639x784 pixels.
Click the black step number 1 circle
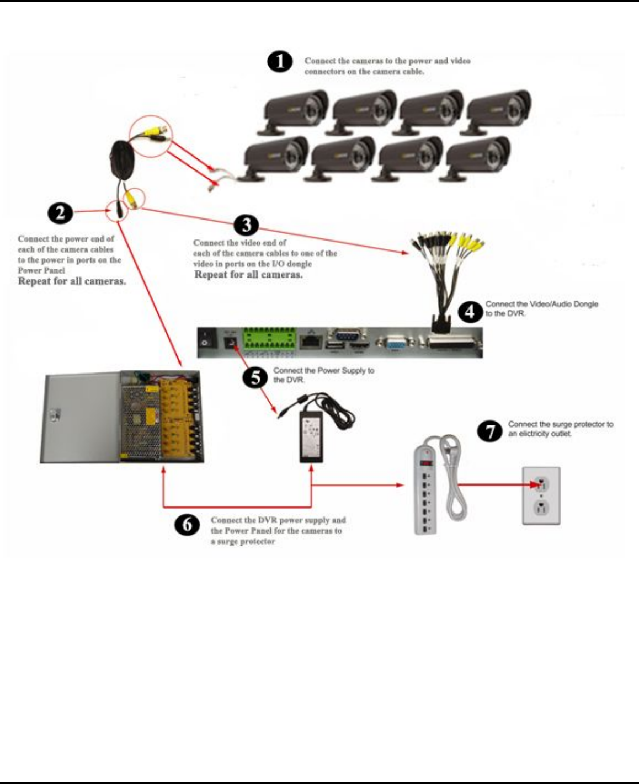tap(279, 62)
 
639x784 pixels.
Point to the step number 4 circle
tap(470, 311)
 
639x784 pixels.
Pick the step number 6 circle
tap(188, 525)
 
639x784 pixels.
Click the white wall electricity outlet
tap(541, 495)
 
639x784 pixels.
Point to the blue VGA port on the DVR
tap(395, 344)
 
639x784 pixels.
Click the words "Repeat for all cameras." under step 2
tap(72, 281)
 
